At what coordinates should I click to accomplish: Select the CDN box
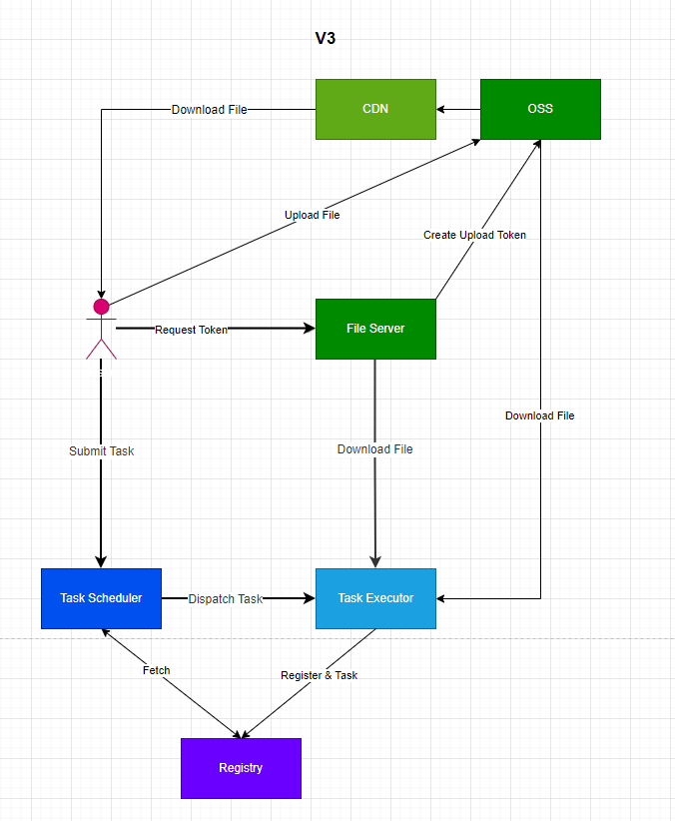tap(375, 109)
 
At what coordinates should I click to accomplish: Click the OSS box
tap(540, 109)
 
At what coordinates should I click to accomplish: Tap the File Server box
tap(375, 329)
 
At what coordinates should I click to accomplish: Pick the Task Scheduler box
tap(101, 598)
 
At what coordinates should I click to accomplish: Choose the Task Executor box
tap(375, 598)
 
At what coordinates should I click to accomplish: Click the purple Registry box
tap(241, 768)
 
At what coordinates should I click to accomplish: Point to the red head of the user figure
tap(101, 306)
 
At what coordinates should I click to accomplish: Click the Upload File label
tap(312, 215)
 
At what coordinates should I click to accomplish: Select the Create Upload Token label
tap(474, 235)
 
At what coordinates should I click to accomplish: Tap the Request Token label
tap(191, 330)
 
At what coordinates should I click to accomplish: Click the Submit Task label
tap(101, 451)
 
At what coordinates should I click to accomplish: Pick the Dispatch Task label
tap(225, 599)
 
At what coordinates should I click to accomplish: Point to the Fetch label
tap(156, 670)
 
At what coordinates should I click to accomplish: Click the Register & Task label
tap(319, 675)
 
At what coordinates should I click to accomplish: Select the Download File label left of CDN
tap(209, 110)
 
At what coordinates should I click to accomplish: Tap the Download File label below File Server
tap(374, 449)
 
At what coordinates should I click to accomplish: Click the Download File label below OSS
tap(539, 415)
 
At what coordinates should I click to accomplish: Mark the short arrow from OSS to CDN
tap(458, 109)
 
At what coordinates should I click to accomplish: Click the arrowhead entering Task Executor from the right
tap(442, 598)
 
